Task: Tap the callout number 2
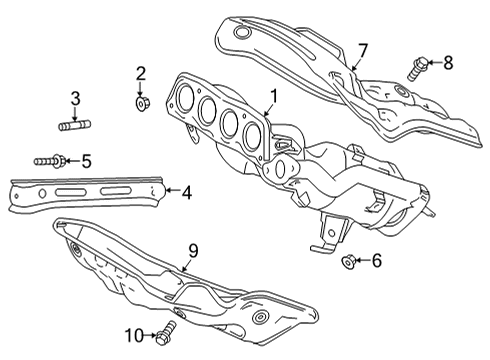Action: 141,72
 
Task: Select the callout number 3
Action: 75,98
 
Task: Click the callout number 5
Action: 86,159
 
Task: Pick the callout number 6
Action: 376,262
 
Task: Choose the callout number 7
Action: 363,50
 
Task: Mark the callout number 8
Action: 447,63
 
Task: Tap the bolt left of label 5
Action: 50,159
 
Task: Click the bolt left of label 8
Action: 418,68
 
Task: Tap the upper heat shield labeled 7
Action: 290,45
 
